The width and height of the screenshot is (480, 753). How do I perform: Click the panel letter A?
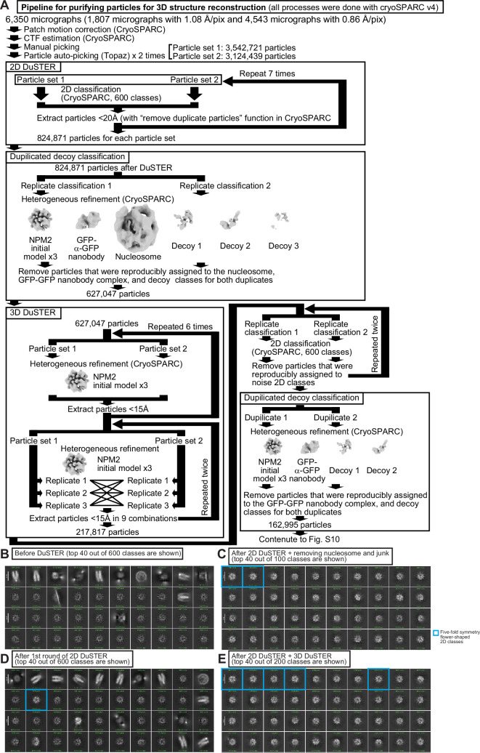[7, 7]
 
